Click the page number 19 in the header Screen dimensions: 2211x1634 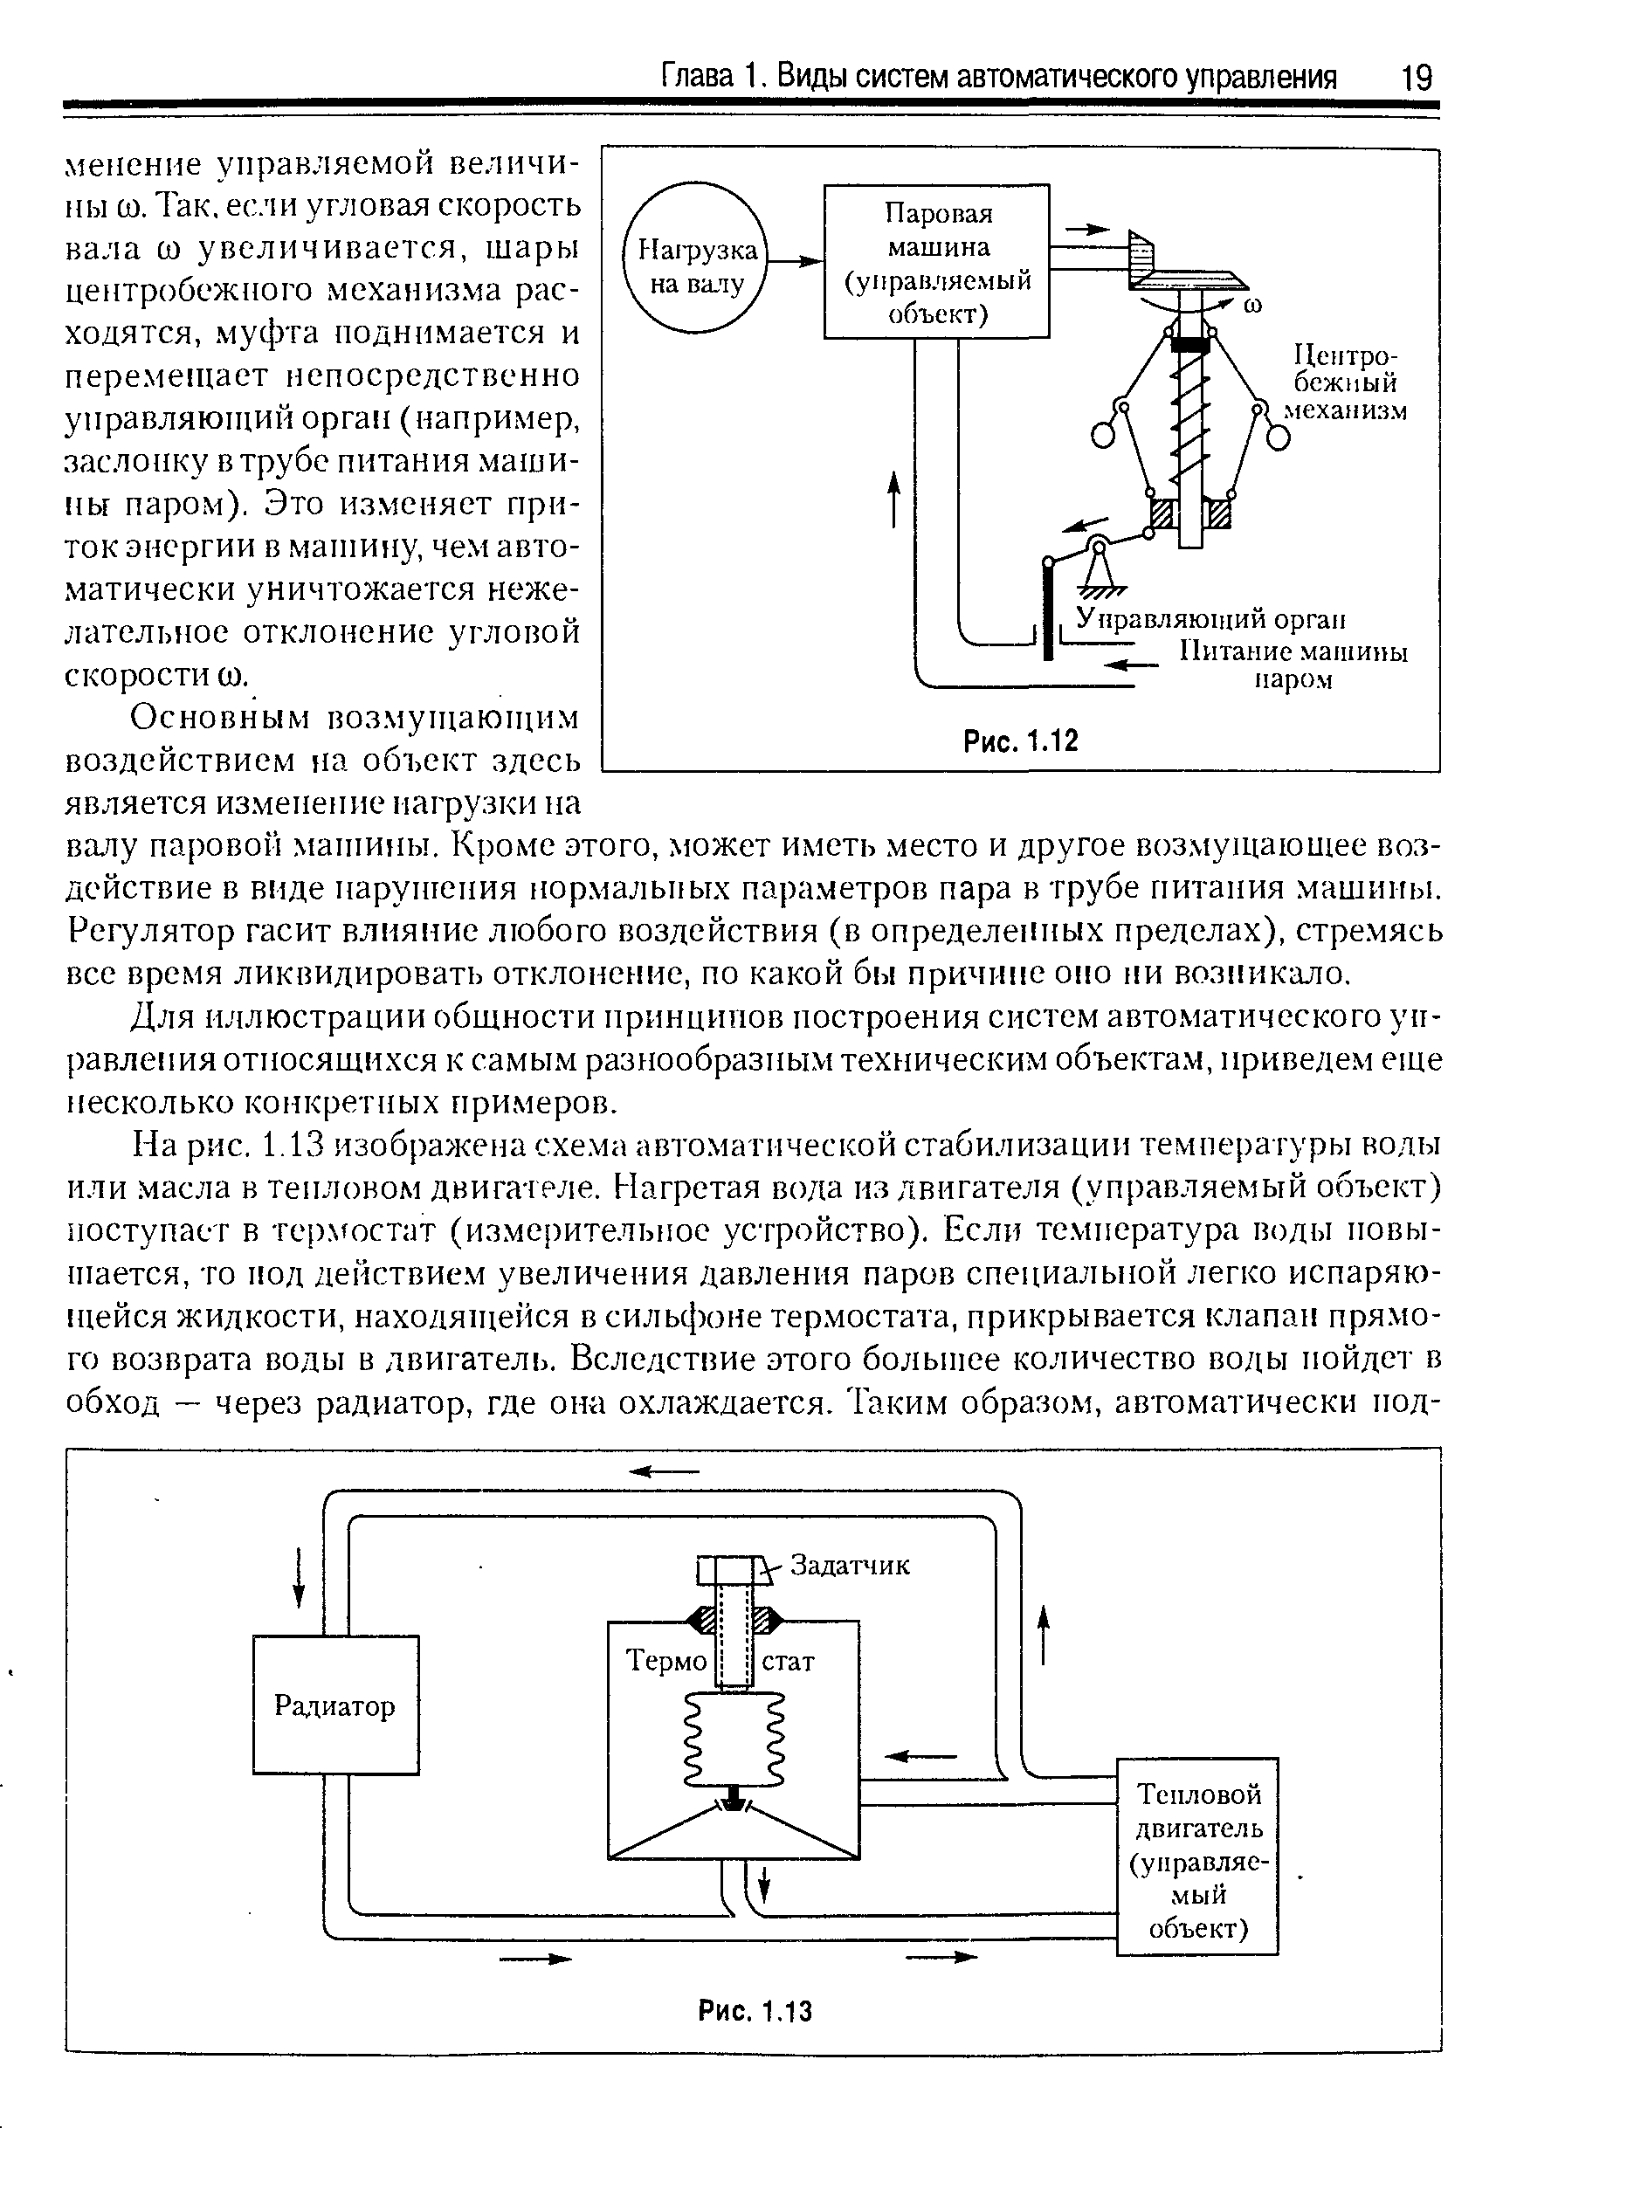(1416, 77)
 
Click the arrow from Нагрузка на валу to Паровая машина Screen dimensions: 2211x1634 (796, 261)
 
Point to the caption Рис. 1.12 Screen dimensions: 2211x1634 (1020, 740)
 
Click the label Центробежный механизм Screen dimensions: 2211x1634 (1345, 382)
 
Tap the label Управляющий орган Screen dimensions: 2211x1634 (1210, 619)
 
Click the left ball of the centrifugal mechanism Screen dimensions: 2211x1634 (1104, 435)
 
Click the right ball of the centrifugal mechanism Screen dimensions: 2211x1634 (1279, 435)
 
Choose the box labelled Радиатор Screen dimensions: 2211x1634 (335, 1705)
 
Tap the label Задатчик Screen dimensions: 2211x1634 (850, 1566)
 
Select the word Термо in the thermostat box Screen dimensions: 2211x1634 (665, 1660)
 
